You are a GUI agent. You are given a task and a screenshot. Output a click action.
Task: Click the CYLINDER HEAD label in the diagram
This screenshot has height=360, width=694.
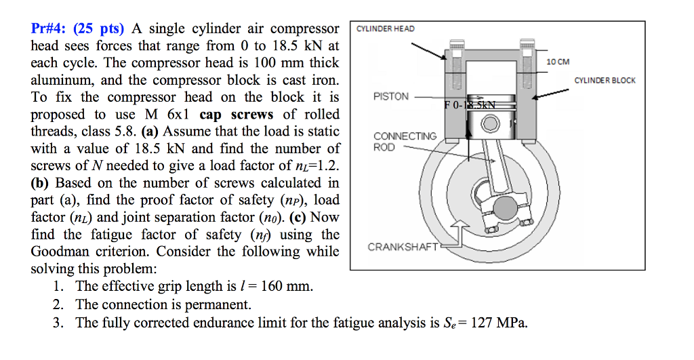(x=385, y=28)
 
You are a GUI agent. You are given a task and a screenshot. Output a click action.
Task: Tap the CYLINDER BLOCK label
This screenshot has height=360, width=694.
(x=605, y=81)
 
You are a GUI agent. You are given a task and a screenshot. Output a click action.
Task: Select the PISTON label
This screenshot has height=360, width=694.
(x=391, y=96)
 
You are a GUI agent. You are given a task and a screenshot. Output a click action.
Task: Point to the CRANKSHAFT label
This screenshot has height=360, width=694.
(x=403, y=247)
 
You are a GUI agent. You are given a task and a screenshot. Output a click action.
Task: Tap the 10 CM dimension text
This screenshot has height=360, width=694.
(x=558, y=62)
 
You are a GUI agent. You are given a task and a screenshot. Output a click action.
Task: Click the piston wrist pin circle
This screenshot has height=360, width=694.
(x=489, y=123)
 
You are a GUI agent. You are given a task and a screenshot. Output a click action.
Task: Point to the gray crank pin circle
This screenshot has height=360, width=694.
(x=504, y=206)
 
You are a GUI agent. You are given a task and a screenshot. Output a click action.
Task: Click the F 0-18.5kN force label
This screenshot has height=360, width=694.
(x=470, y=104)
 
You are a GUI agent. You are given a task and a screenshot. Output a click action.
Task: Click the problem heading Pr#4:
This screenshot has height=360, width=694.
(x=49, y=29)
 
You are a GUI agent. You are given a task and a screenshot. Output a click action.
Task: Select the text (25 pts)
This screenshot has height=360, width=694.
(x=99, y=29)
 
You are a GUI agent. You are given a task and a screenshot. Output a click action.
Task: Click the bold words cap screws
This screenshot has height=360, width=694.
(x=237, y=115)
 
